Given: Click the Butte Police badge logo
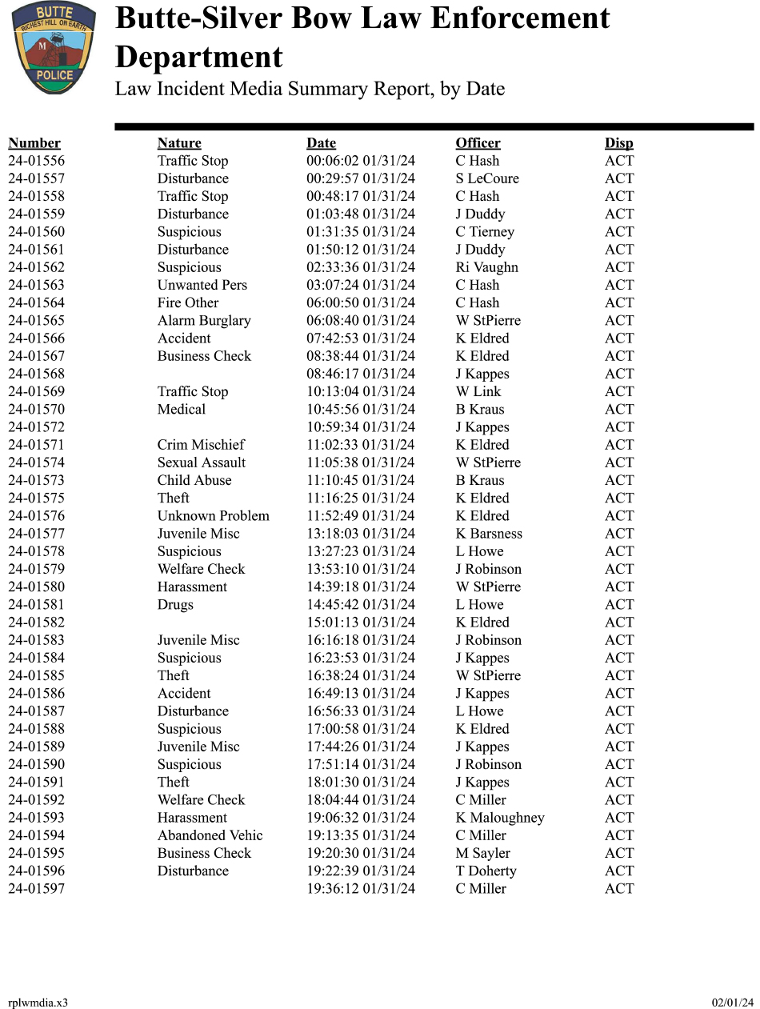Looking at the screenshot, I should pyautogui.click(x=54, y=48).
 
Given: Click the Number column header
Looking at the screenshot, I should pyautogui.click(x=34, y=143).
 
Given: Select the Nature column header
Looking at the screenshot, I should pyautogui.click(x=179, y=143).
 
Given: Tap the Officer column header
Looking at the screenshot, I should pyautogui.click(x=478, y=143).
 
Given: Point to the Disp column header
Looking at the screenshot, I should pyautogui.click(x=618, y=143).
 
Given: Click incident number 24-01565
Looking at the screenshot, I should pyautogui.click(x=37, y=321).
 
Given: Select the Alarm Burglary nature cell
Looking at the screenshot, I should pyautogui.click(x=204, y=321).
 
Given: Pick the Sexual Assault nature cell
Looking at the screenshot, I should pyautogui.click(x=202, y=462).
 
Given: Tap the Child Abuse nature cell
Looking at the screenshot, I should pyautogui.click(x=194, y=480).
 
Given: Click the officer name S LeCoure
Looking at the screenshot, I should pyautogui.click(x=487, y=178).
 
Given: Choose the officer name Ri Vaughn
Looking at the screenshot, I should pyautogui.click(x=486, y=267).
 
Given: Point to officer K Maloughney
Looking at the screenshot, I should pyautogui.click(x=500, y=818).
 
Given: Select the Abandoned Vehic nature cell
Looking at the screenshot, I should pyautogui.click(x=210, y=835).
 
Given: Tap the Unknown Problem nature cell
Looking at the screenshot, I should pyautogui.click(x=213, y=516).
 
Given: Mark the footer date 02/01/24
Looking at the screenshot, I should pyautogui.click(x=733, y=1003).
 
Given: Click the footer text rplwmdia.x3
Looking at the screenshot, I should pyautogui.click(x=38, y=1003).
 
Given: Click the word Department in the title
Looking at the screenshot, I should pyautogui.click(x=199, y=58).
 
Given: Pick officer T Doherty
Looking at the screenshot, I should pyautogui.click(x=486, y=871).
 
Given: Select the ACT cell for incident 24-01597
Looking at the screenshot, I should pyautogui.click(x=619, y=889).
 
